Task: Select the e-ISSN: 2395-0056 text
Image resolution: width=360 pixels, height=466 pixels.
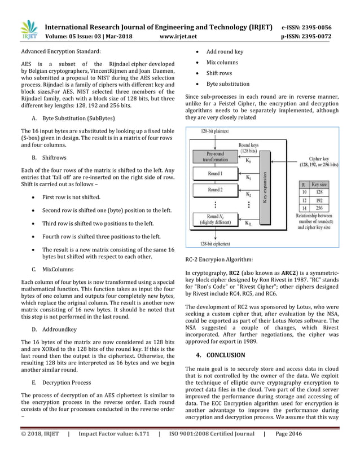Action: [x=306, y=27]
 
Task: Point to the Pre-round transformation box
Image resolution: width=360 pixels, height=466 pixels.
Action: [x=214, y=156]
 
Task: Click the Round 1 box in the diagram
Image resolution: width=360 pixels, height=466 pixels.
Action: [x=214, y=174]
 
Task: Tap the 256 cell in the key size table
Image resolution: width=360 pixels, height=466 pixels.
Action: [x=319, y=207]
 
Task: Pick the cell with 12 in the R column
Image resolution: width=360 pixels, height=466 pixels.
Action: [x=304, y=200]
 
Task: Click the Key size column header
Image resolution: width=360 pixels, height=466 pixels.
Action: [x=319, y=184]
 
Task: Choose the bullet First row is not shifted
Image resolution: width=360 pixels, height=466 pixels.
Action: [x=71, y=197]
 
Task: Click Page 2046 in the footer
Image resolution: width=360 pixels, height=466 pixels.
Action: [x=288, y=450]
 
